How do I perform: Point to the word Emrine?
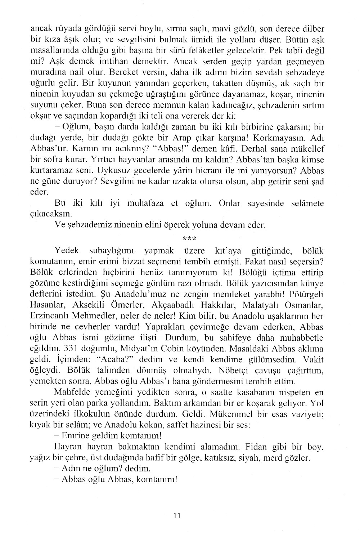click(75, 435)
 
